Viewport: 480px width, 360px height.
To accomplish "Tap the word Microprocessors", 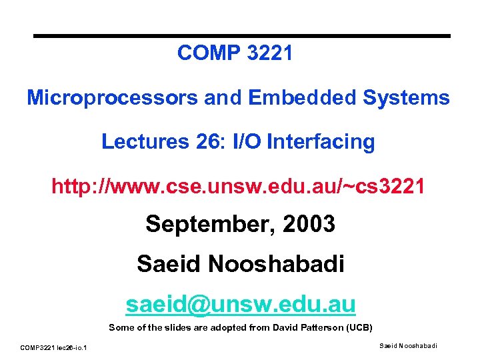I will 112,98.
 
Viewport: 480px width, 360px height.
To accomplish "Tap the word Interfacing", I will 317,141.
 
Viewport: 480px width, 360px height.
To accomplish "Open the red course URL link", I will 238,185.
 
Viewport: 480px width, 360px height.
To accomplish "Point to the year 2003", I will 309,224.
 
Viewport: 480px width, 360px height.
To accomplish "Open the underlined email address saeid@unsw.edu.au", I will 241,305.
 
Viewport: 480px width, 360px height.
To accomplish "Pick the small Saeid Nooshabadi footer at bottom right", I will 408,345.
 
